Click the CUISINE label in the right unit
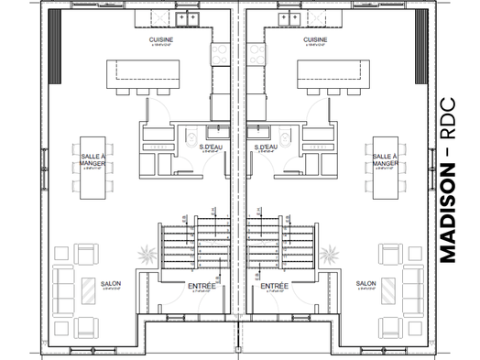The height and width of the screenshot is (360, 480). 315,40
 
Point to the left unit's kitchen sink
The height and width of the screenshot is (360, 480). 188,17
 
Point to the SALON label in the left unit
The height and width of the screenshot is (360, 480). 110,283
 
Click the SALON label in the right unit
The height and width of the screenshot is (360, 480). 366,283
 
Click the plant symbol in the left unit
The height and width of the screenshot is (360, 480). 145,252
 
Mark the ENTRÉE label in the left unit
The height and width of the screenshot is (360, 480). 202,286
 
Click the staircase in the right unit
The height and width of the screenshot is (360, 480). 276,243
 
